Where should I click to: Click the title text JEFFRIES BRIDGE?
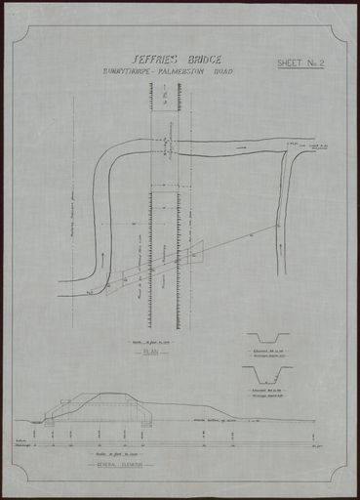173,60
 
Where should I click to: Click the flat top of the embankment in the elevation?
115,396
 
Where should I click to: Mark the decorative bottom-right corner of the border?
338,479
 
